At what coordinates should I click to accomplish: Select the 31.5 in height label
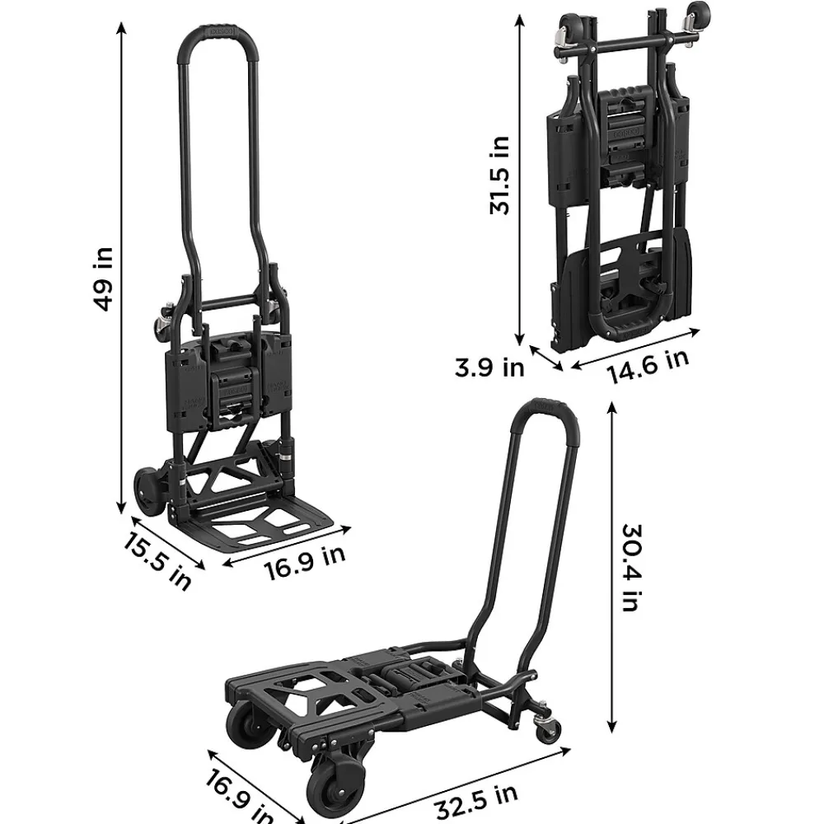[x=499, y=175]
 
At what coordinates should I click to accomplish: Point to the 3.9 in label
[x=489, y=367]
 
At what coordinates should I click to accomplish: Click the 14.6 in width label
[x=648, y=366]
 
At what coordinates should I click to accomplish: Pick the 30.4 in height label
[x=632, y=568]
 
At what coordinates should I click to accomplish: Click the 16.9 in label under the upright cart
[x=304, y=562]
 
